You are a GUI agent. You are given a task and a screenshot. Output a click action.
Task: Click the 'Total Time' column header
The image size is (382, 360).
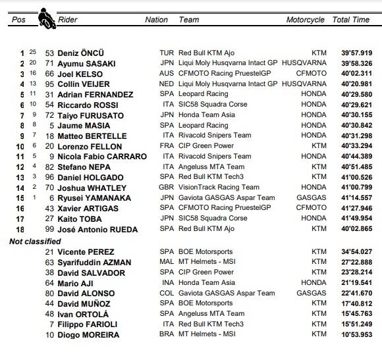351,20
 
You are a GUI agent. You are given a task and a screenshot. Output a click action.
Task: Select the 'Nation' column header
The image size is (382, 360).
156,20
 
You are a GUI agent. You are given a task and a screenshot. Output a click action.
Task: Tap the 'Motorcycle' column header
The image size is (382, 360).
305,20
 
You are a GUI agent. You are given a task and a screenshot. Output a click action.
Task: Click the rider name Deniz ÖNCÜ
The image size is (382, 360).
81,53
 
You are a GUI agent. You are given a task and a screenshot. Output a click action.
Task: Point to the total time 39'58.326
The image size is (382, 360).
356,64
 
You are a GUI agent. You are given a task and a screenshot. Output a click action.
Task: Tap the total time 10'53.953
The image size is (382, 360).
356,335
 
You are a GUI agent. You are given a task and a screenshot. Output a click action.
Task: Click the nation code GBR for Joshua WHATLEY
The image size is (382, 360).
167,188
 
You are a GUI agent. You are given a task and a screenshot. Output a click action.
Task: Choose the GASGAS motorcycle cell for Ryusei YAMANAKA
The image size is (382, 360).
312,198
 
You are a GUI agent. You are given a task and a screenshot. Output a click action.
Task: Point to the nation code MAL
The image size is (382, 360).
167,263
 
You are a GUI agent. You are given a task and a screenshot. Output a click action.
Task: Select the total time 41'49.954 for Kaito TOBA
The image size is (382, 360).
356,219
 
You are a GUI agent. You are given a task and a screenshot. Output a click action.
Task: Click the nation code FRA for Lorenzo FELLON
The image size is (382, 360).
167,146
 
